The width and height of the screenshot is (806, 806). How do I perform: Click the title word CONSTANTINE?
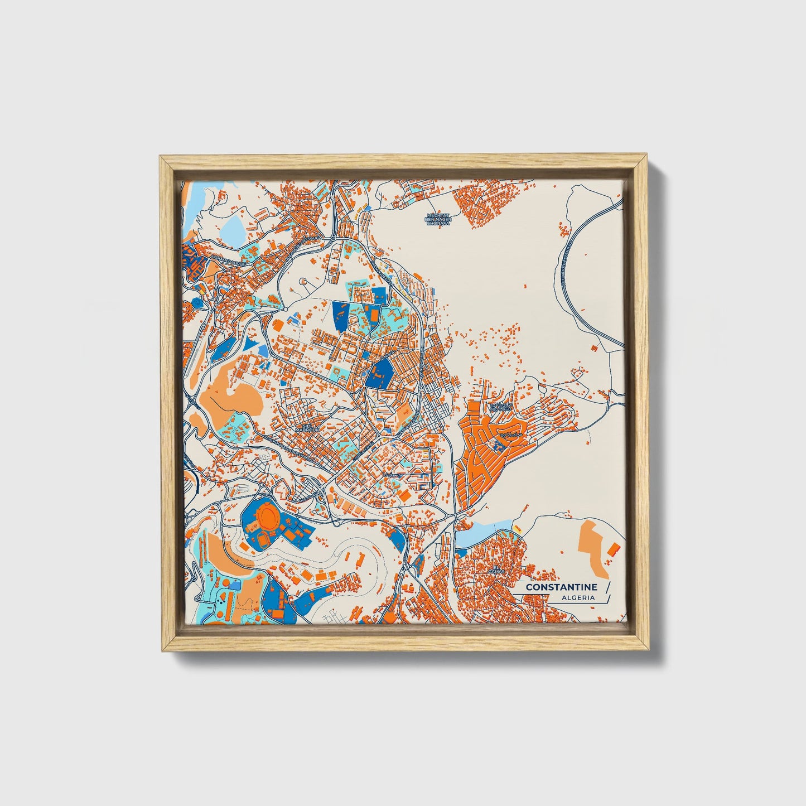(x=561, y=587)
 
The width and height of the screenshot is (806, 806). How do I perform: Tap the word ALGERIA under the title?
(x=578, y=598)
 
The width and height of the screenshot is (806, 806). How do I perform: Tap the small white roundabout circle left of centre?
(x=286, y=308)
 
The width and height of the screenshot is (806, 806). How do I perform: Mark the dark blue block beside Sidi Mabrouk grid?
(x=379, y=373)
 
